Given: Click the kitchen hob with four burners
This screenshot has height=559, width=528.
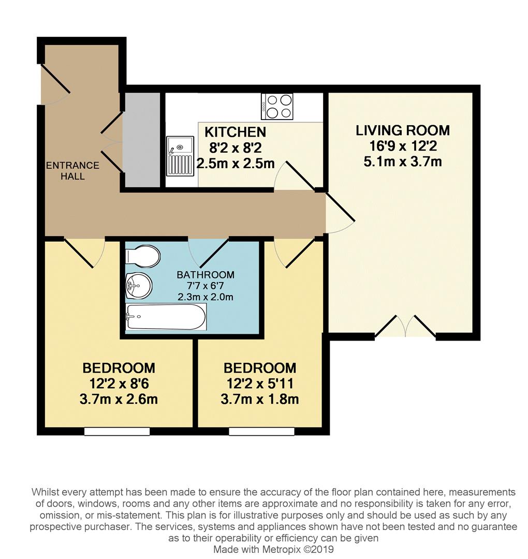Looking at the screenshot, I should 277,106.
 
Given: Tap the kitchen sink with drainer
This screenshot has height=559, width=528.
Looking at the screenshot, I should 180,156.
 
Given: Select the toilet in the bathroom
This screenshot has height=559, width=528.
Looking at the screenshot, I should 143,256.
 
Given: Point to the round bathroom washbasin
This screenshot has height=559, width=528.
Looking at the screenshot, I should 137,284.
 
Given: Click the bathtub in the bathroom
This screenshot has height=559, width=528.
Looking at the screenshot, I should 166,316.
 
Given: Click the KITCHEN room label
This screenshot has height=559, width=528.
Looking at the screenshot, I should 235,132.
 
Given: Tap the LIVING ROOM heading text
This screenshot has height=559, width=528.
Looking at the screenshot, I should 402,130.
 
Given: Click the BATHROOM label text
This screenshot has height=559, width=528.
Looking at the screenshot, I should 205,275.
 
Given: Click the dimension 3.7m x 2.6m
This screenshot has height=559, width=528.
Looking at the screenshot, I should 119,399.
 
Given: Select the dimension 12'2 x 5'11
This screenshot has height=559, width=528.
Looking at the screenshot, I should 260,384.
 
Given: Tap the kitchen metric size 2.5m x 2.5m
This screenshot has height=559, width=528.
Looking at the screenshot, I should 235,164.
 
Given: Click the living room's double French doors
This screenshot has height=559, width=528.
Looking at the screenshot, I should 405,327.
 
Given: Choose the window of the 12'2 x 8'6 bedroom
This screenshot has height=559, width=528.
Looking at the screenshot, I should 117,431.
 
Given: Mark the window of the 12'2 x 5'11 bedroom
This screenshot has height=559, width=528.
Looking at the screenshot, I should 261,431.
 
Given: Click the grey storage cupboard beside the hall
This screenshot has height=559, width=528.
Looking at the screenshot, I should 141,140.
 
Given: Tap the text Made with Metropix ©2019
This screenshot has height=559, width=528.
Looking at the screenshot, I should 273,549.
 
